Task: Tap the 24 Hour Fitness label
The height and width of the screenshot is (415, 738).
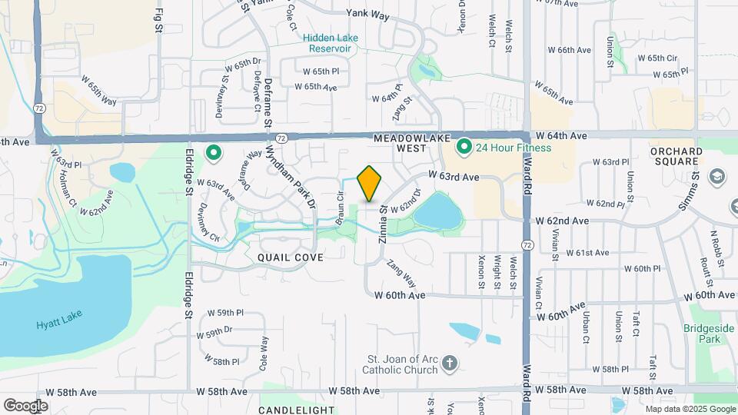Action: pyautogui.click(x=514, y=147)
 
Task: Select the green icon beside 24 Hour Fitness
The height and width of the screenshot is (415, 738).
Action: pyautogui.click(x=464, y=146)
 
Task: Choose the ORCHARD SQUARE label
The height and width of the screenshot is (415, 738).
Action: pyautogui.click(x=676, y=157)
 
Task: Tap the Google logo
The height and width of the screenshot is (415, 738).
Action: pyautogui.click(x=25, y=405)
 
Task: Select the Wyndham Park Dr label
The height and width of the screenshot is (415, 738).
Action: pyautogui.click(x=291, y=175)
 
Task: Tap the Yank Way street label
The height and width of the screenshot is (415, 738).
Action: pyautogui.click(x=367, y=14)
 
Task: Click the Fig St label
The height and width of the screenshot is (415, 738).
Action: pyautogui.click(x=159, y=21)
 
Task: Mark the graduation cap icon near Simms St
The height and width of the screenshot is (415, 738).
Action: pyautogui.click(x=718, y=177)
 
